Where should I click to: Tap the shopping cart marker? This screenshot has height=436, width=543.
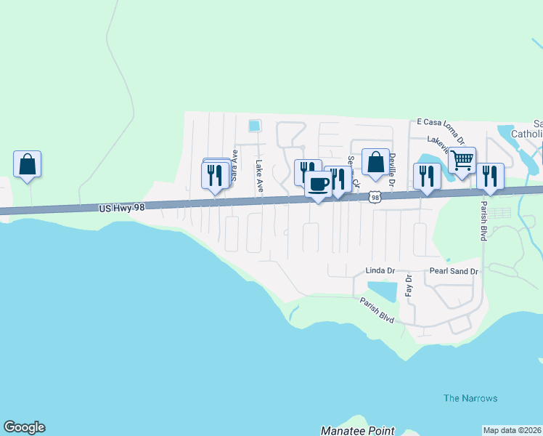pos(462,159)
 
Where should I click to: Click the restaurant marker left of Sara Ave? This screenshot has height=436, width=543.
pos(215,175)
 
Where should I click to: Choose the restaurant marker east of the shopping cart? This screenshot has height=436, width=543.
pos(490,176)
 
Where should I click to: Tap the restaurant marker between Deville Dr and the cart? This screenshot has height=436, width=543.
pos(427,176)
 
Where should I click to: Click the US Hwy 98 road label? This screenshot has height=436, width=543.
pos(126,209)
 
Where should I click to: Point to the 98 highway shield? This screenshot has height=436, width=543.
pos(375,197)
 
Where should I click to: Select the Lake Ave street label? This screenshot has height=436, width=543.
pos(258,177)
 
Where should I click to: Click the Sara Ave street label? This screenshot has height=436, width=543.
pos(234,165)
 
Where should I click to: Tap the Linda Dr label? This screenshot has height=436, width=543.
pos(380,271)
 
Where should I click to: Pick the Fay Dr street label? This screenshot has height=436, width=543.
pos(409,285)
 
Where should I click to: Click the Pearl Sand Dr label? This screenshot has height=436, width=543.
pos(454,271)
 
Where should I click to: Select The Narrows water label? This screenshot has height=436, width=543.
pos(470,398)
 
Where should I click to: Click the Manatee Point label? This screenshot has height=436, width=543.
pos(358,431)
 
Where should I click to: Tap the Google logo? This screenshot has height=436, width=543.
pos(24,427)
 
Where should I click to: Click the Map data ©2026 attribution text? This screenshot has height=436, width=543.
pos(512,430)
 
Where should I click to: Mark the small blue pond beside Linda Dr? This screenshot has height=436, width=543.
pos(382,290)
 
